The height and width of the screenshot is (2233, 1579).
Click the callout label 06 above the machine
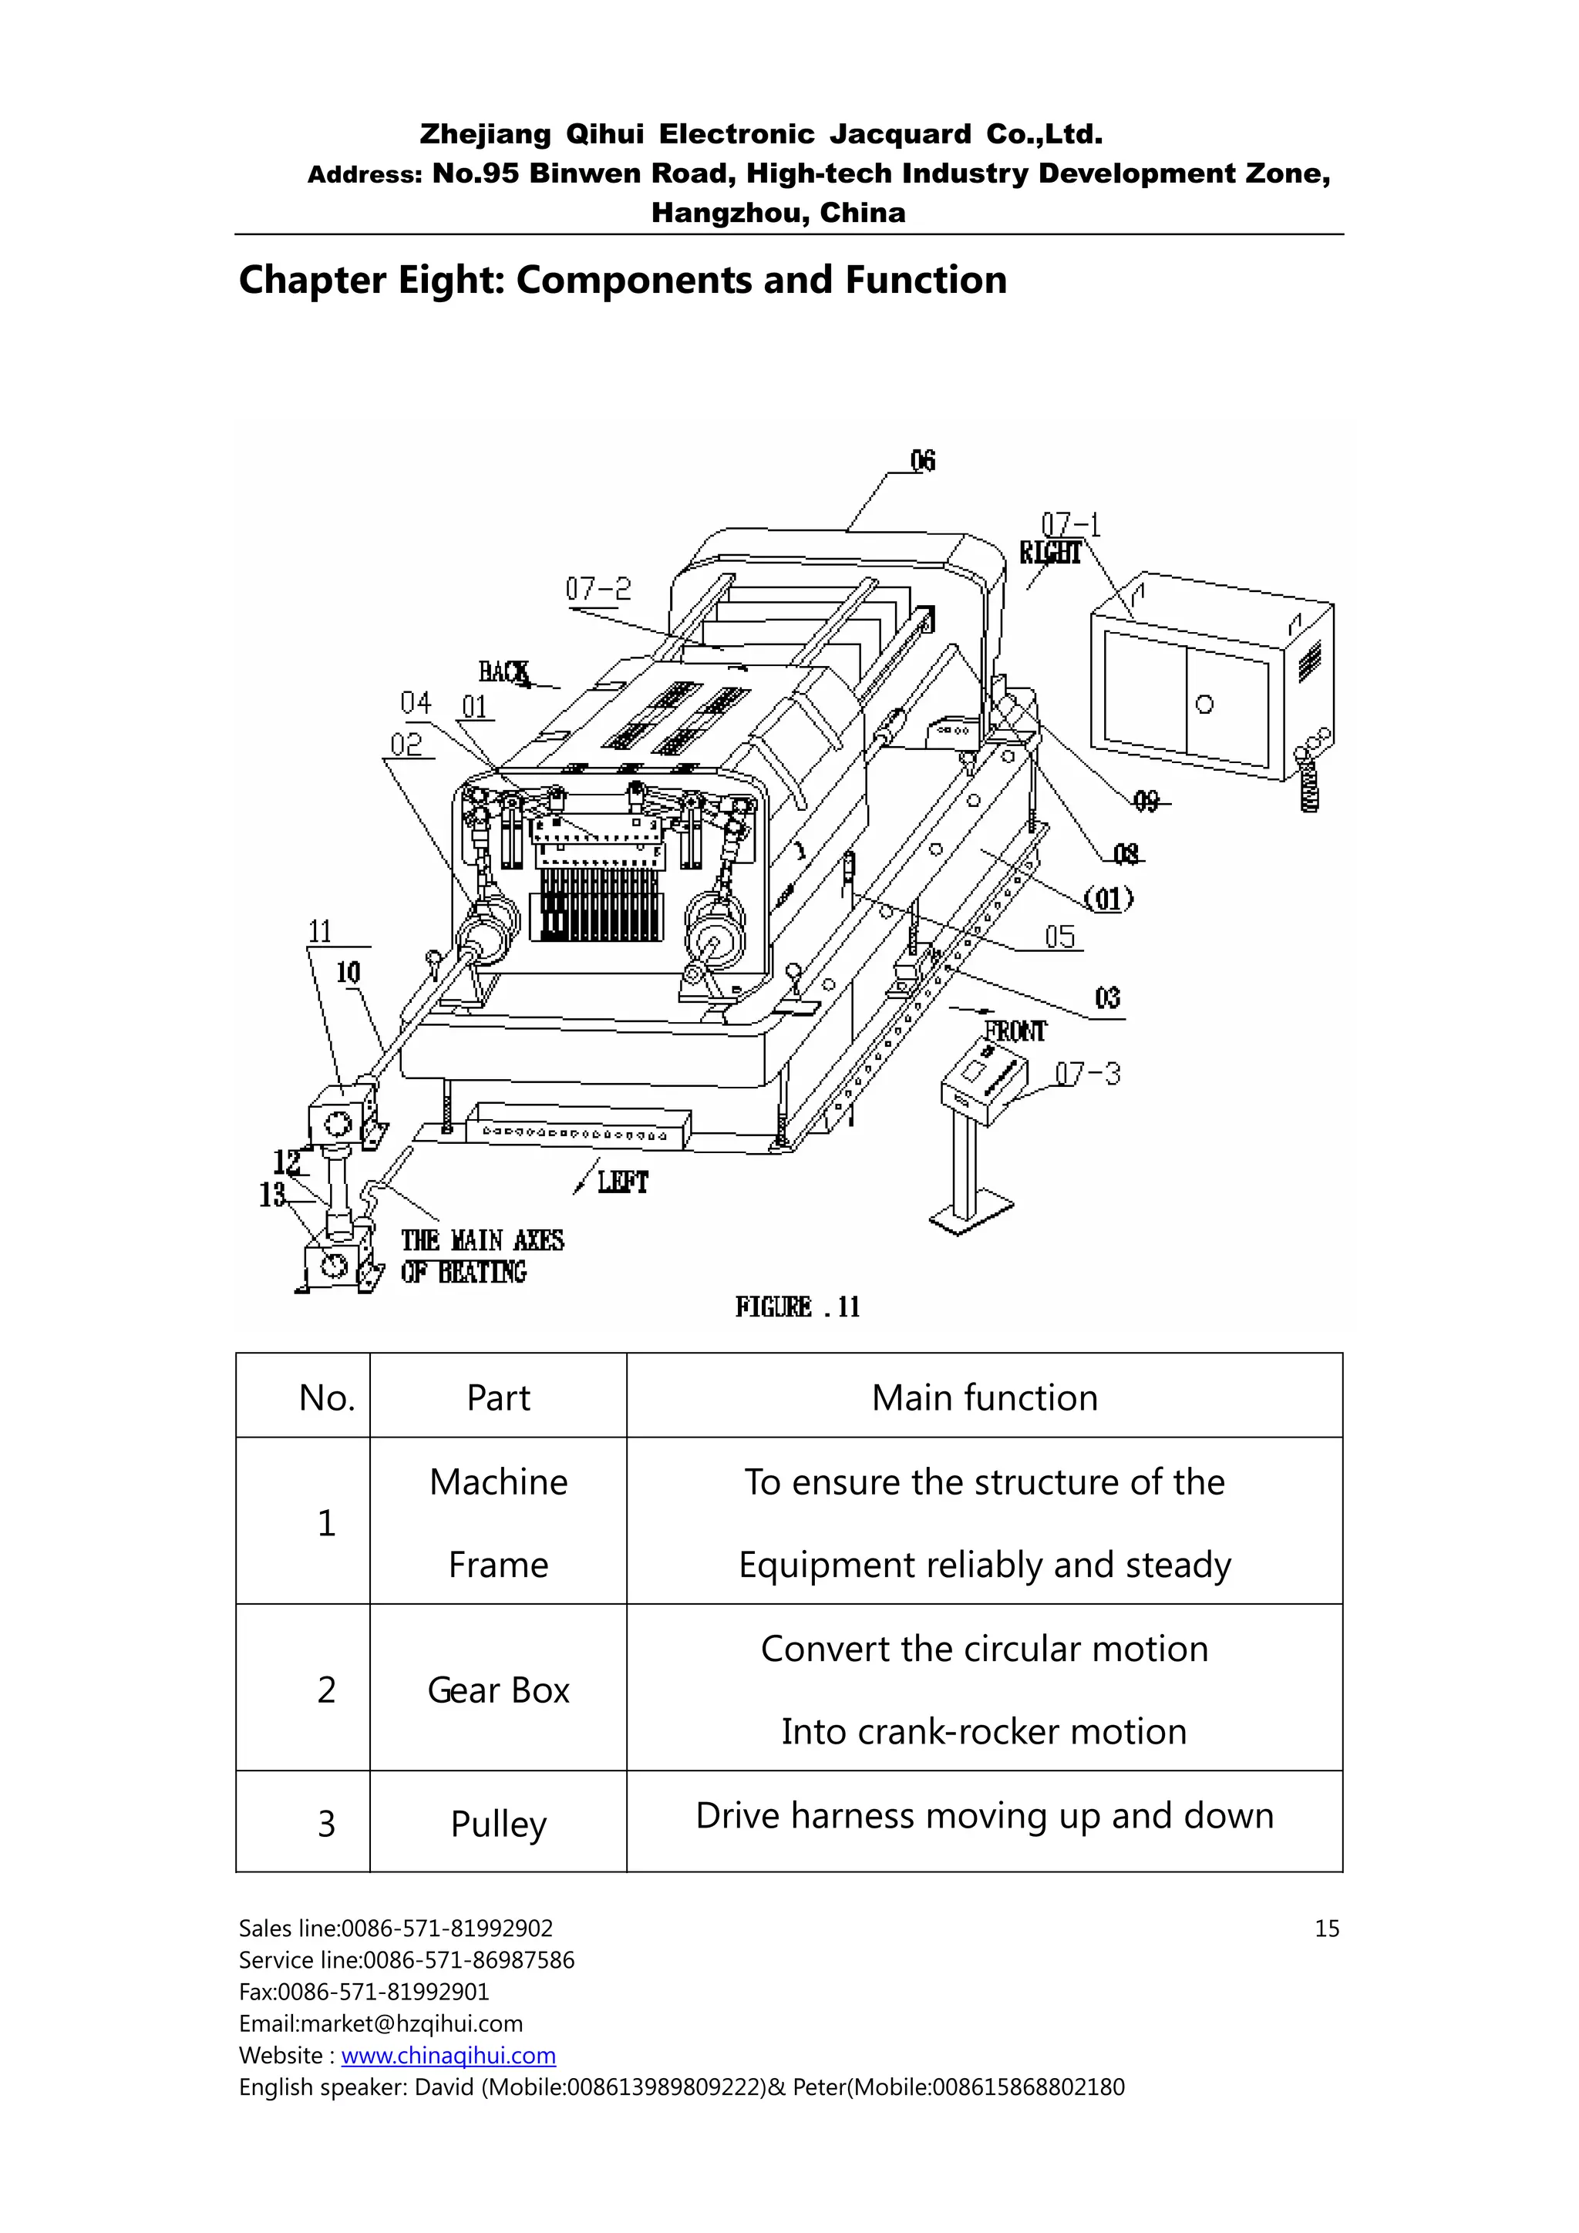click(922, 460)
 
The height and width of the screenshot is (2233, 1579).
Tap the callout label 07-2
click(598, 588)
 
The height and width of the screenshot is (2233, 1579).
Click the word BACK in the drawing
click(503, 672)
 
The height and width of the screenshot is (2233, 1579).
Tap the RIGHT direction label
click(1050, 553)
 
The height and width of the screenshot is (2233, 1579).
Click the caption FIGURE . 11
click(796, 1307)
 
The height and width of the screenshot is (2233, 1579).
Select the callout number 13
click(272, 1194)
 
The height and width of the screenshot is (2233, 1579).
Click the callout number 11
click(320, 932)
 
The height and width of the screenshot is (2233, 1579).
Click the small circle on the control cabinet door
click(1204, 705)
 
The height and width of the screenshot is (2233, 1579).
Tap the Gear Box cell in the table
click(498, 1690)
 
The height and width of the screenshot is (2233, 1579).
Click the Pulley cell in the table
click(498, 1824)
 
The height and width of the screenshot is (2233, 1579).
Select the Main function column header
click(984, 1397)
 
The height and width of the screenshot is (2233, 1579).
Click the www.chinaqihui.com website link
click(449, 2055)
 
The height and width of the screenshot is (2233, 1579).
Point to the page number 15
click(1326, 1929)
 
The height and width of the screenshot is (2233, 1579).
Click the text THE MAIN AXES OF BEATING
click(482, 1256)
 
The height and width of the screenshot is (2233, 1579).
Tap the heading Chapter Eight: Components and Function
click(623, 280)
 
